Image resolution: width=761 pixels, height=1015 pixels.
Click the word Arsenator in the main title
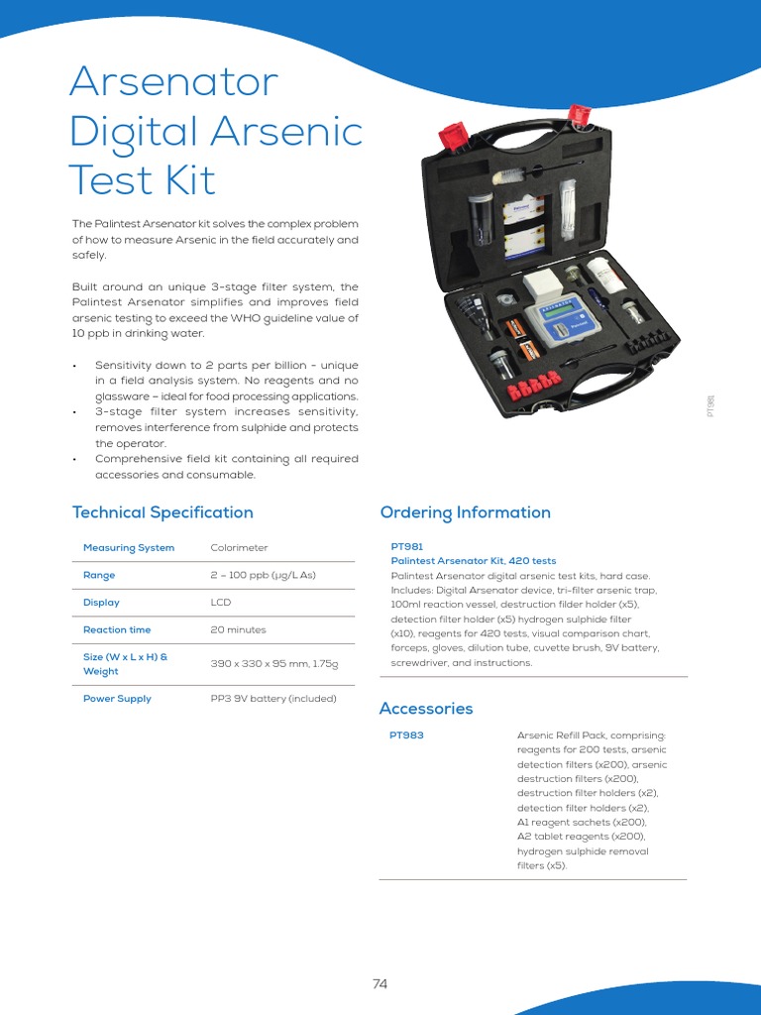173,82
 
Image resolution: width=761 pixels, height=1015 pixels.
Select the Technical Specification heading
163,512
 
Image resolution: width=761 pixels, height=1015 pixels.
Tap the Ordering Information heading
465,512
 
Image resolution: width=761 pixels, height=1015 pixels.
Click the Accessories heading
426,709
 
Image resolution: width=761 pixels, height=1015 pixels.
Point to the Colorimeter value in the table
239,547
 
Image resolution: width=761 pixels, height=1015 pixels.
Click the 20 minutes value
238,629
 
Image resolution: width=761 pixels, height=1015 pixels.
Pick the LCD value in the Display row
220,603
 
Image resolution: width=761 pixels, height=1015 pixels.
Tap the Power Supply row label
117,699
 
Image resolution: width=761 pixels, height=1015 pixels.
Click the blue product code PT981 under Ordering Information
407,546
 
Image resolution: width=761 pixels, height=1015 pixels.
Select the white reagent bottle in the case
605,274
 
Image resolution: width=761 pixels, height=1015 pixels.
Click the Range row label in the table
99,575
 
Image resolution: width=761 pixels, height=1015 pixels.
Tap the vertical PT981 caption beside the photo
710,405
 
